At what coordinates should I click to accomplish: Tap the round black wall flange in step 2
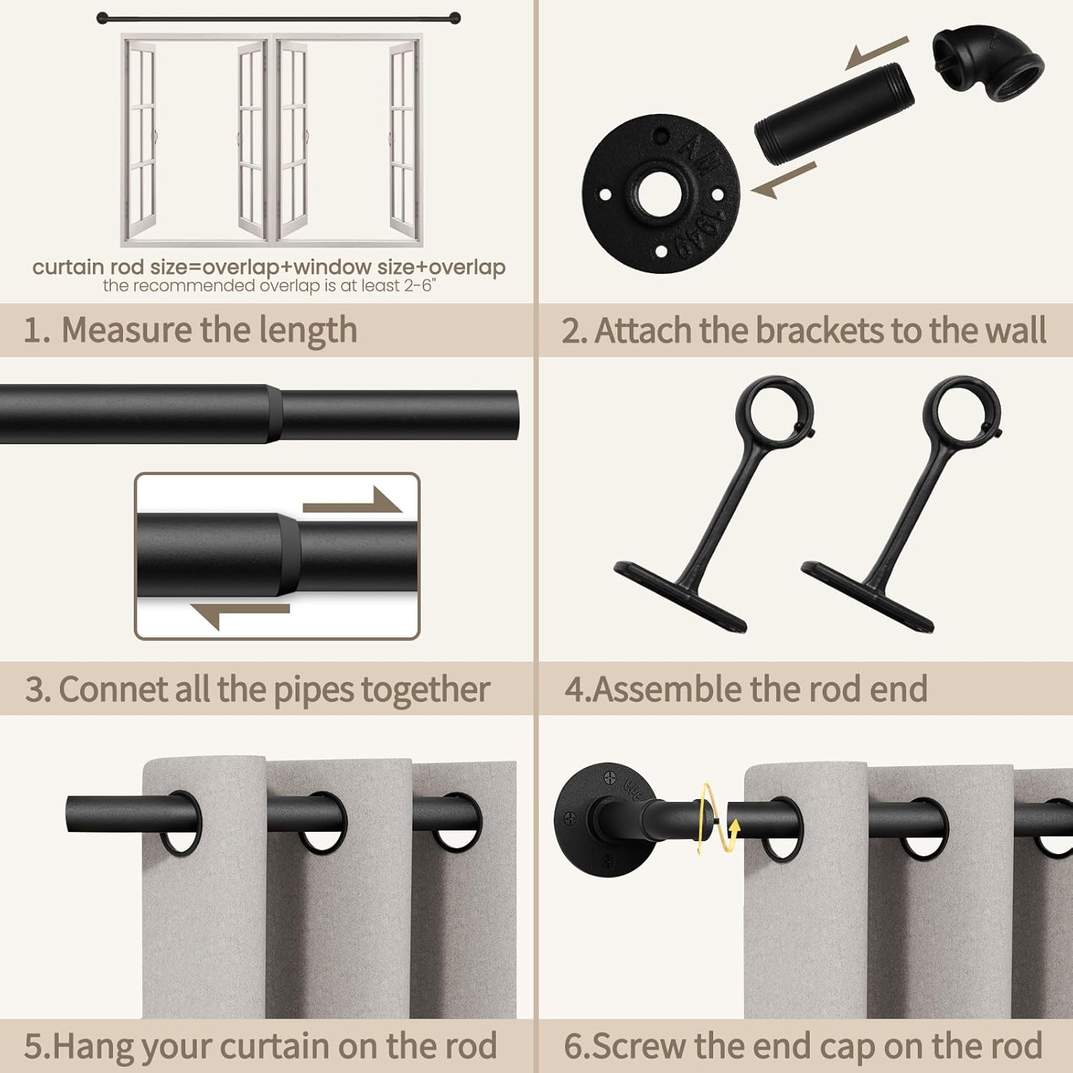coord(661,193)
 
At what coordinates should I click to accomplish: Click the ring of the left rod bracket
coord(775,413)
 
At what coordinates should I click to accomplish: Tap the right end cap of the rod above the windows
coord(456,17)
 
